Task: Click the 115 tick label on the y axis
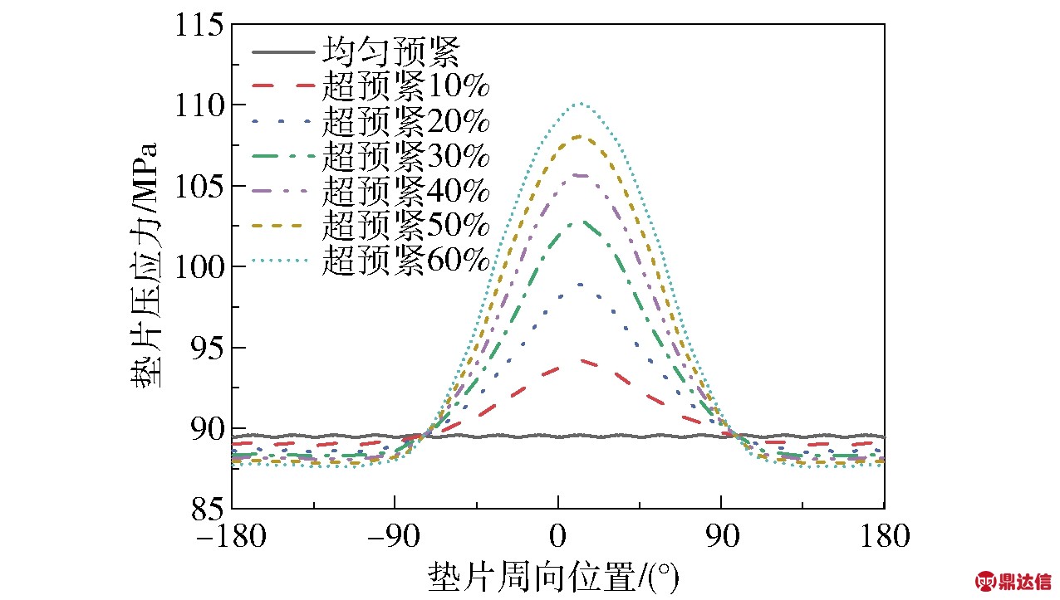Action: tap(199, 25)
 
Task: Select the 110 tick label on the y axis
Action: tap(199, 105)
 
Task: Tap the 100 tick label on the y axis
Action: tap(199, 266)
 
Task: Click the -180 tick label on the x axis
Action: tap(232, 536)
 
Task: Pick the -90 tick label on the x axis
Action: tap(395, 536)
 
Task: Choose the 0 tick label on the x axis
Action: tap(558, 536)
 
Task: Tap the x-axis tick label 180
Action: tap(884, 536)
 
